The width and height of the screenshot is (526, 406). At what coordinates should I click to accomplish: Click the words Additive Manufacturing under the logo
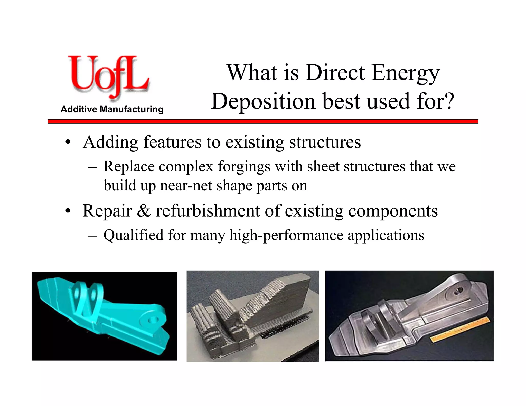pyautogui.click(x=112, y=109)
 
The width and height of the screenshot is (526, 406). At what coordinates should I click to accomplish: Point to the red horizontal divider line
pyautogui.click(x=263, y=121)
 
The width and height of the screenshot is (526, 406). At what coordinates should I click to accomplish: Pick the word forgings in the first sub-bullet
pyautogui.click(x=244, y=167)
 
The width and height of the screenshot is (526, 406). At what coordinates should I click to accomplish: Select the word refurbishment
pyautogui.click(x=208, y=211)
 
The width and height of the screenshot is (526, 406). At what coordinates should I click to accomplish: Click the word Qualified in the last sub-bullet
pyautogui.click(x=133, y=235)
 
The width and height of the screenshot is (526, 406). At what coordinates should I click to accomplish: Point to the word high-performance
pyautogui.click(x=286, y=235)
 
